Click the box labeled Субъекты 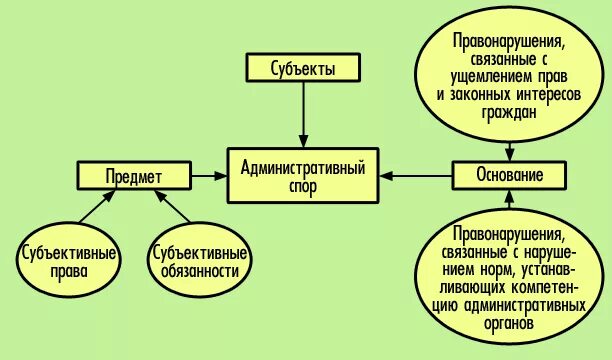[x=302, y=69]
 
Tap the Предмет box [x=134, y=177]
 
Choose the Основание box [x=510, y=175]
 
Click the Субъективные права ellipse [x=68, y=262]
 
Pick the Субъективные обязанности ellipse [x=198, y=262]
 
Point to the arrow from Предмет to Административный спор [x=209, y=177]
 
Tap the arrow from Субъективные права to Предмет [x=95, y=212]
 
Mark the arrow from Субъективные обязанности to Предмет [x=172, y=211]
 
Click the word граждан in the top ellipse [x=510, y=114]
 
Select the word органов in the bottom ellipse [x=509, y=325]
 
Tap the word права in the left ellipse [x=68, y=272]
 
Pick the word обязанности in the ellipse [x=198, y=272]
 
